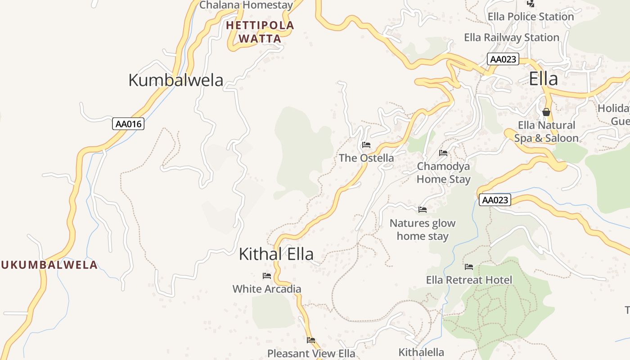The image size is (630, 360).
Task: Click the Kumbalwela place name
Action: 175,80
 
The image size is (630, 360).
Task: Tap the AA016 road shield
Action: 128,124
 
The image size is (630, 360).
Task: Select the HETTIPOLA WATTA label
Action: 260,32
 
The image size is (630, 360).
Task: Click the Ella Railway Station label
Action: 512,37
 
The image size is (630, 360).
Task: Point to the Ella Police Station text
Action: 531,17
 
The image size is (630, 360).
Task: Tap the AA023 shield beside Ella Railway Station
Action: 503,59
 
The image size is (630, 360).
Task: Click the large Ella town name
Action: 543,79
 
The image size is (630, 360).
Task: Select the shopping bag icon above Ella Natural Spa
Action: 546,112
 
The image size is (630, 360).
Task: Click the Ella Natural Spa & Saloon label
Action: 546,131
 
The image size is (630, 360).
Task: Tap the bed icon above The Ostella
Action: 366,145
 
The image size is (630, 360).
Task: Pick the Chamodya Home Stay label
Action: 443,173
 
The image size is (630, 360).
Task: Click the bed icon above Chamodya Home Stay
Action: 443,153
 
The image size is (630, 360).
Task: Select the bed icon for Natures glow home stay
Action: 422,209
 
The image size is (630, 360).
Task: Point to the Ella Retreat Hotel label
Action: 469,280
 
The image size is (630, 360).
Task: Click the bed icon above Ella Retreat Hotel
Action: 469,267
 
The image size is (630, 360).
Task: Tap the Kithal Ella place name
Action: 276,254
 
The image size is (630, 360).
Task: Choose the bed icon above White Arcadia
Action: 267,276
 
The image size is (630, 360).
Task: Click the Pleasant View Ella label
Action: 311,353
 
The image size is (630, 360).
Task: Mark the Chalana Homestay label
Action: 246,5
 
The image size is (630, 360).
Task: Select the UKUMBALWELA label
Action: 49,265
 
